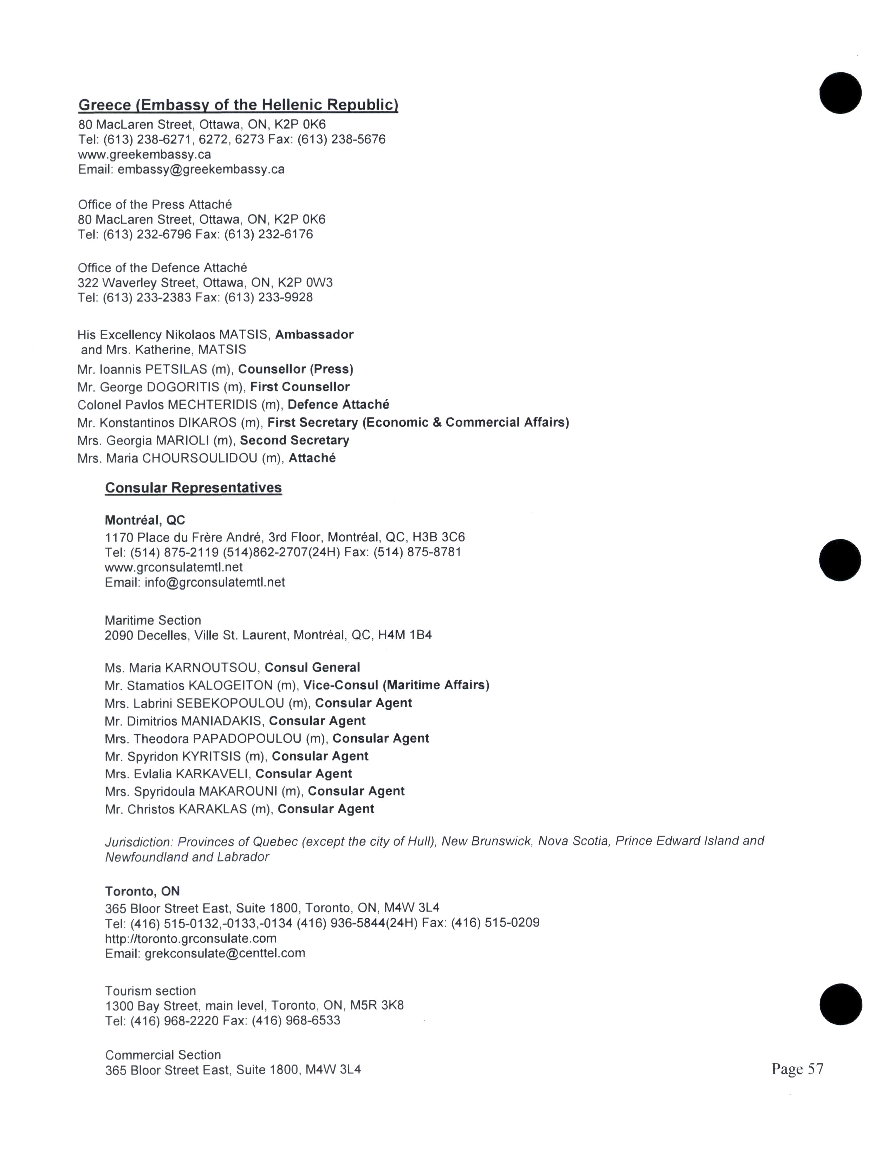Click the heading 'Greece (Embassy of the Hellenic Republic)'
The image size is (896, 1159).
point(238,105)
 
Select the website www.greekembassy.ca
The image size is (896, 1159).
point(144,155)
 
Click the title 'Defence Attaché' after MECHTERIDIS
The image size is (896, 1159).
point(338,405)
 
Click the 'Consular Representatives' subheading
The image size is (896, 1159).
point(193,488)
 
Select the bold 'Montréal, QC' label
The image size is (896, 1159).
point(145,520)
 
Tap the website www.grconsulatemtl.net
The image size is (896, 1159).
point(174,567)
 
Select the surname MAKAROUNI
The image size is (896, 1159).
point(238,791)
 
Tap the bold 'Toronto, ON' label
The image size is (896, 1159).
point(142,891)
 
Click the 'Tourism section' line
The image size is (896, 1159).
point(150,991)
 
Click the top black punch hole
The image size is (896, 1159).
point(840,93)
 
